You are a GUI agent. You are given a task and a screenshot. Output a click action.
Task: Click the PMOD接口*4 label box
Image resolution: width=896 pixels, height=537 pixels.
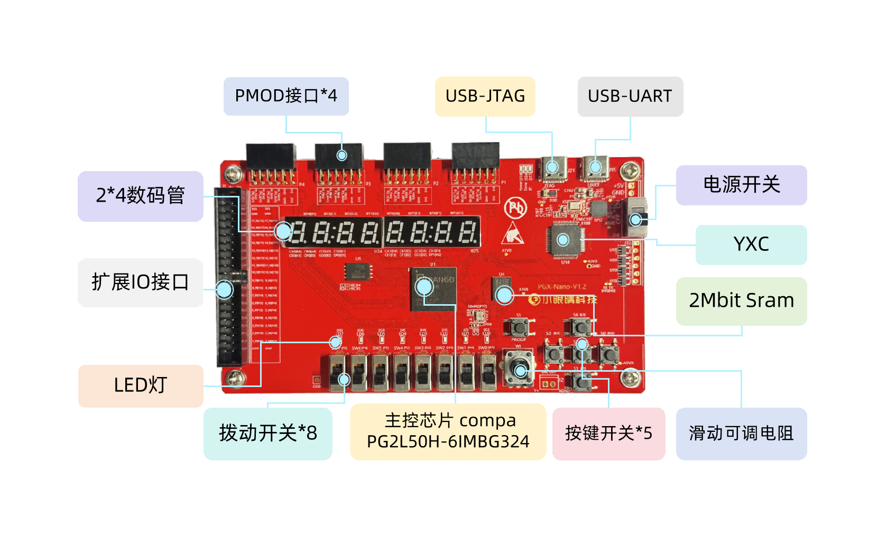[286, 96]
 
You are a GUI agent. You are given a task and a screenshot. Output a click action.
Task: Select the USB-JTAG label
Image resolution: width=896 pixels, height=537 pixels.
[485, 96]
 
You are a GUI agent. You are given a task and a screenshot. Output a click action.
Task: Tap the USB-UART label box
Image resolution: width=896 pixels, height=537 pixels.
[630, 96]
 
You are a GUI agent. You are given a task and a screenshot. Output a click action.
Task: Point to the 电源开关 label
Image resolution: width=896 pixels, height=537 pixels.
[741, 185]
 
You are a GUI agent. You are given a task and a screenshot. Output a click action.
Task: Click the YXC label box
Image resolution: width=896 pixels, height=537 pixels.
[751, 244]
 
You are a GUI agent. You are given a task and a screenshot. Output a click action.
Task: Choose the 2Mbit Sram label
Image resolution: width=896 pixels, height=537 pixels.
[741, 300]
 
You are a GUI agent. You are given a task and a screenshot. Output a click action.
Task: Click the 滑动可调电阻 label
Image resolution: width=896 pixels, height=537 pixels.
[741, 434]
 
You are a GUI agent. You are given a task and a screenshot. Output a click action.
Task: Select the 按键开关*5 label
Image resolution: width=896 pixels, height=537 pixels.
[608, 434]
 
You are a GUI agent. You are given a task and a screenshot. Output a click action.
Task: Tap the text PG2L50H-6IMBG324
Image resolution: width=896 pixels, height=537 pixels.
[448, 441]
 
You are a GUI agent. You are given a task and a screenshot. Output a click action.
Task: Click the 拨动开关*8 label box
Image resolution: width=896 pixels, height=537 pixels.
[267, 434]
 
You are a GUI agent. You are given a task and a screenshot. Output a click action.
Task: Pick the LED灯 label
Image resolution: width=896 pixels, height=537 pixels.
[141, 385]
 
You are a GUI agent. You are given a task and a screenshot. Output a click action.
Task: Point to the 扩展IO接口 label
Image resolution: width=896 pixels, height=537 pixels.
[140, 282]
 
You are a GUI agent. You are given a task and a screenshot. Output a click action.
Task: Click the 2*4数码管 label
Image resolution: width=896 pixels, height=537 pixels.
[140, 195]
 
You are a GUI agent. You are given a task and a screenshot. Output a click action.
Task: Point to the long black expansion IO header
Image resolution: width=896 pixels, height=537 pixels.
[228, 277]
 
